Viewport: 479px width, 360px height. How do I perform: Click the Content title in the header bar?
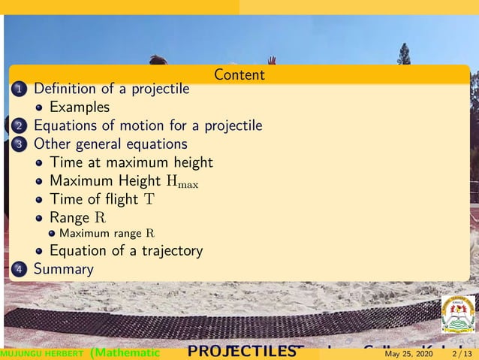coord(239,74)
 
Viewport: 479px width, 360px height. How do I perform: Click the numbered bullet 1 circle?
coord(19,89)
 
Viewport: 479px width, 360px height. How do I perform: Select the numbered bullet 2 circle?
coord(19,126)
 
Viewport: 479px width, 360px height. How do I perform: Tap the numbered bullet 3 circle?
coord(19,144)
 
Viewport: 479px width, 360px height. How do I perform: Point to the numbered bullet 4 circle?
coord(19,269)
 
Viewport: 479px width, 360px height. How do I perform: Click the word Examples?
coord(79,107)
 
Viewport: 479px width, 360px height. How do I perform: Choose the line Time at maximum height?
coord(131,162)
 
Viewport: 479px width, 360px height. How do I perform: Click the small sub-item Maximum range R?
coord(107,234)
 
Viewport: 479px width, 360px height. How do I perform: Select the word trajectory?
coord(172,251)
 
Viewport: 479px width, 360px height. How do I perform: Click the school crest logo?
coord(457,314)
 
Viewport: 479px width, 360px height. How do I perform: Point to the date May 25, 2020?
coord(408,354)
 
